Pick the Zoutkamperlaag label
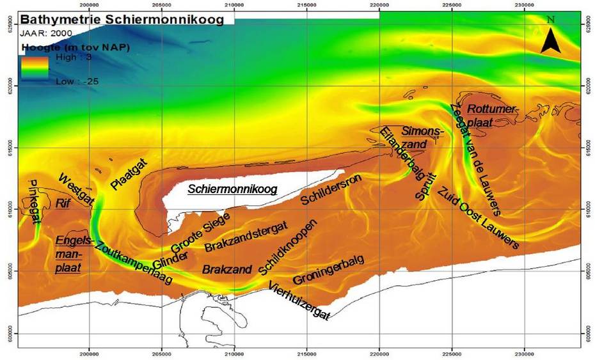coord(133,263)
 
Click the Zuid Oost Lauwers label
coord(479,217)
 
